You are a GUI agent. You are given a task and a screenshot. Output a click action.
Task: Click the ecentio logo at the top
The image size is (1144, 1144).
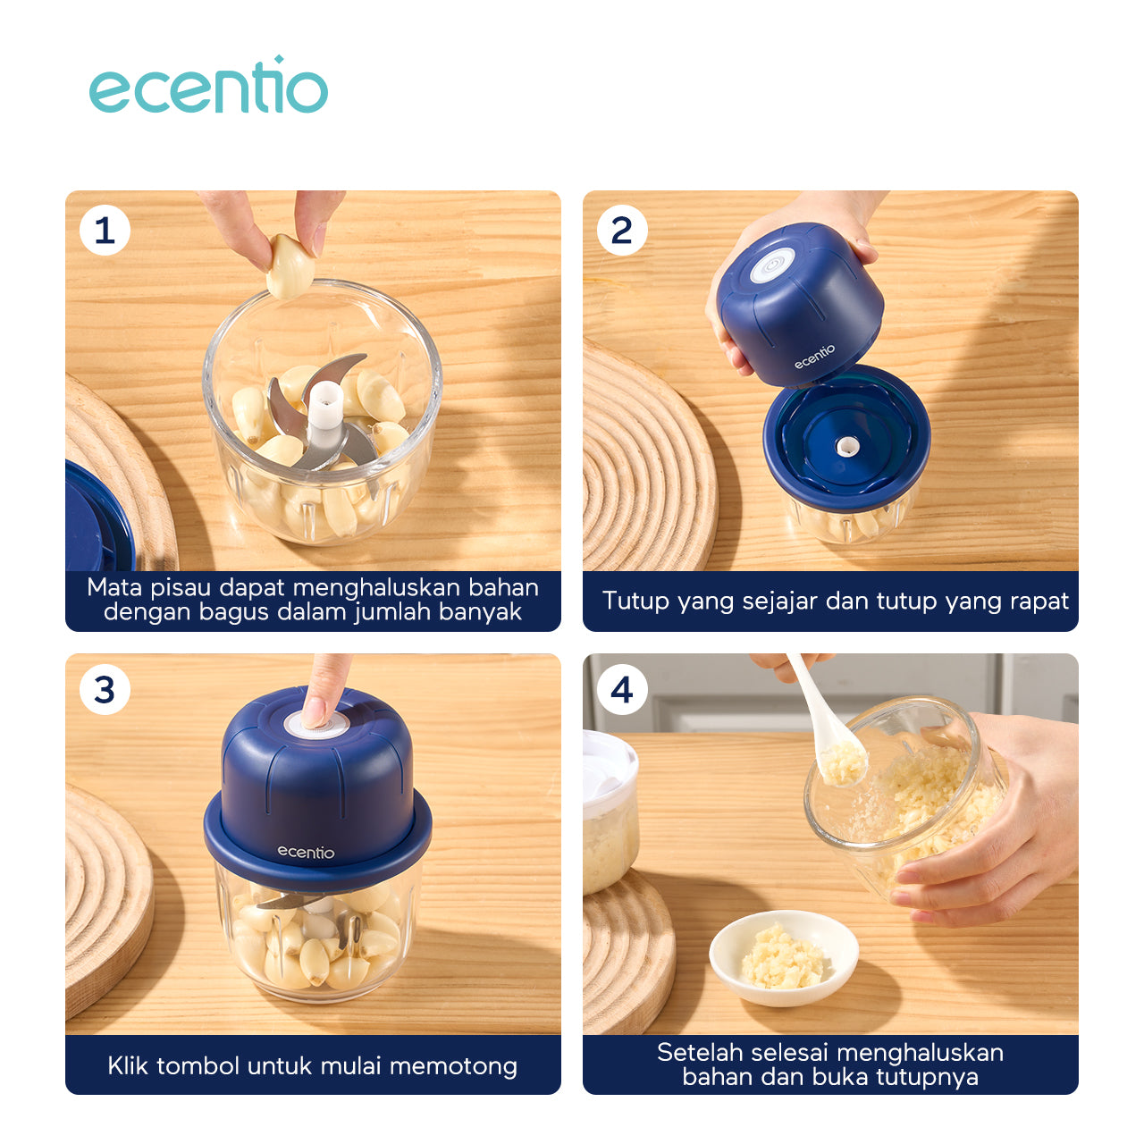(x=207, y=85)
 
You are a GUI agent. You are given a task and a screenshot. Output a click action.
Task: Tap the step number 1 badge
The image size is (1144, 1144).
(x=105, y=231)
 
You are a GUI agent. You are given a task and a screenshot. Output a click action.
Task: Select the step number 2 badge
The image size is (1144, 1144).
(x=621, y=231)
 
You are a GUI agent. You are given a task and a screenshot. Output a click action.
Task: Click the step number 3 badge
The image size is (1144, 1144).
(x=105, y=690)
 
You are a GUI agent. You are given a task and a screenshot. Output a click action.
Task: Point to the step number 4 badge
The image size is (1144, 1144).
(x=621, y=690)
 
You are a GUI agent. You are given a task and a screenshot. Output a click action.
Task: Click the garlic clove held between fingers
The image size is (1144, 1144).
(x=290, y=266)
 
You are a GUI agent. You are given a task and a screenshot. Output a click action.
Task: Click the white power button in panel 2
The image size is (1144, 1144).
(x=771, y=265)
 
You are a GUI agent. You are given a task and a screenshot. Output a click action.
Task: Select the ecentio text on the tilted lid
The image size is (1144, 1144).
(x=814, y=357)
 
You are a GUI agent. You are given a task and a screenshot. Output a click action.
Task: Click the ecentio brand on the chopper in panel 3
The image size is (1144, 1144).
(x=306, y=853)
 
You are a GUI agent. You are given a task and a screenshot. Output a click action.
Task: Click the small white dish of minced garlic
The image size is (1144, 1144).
(x=784, y=958)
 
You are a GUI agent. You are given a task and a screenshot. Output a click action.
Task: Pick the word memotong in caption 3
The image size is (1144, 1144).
(x=453, y=1067)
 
